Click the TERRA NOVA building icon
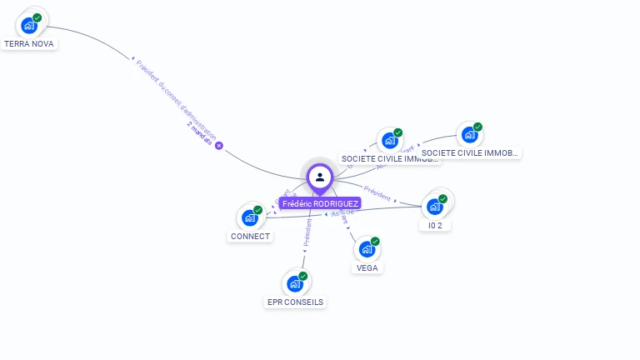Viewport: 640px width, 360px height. (30, 24)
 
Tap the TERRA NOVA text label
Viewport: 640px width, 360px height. (29, 43)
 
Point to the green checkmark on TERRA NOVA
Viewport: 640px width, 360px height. (37, 17)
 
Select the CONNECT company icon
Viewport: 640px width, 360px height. (250, 217)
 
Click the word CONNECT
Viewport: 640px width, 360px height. (250, 236)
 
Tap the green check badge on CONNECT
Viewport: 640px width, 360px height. (258, 210)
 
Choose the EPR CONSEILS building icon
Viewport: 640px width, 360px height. (295, 283)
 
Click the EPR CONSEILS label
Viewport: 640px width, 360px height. (296, 302)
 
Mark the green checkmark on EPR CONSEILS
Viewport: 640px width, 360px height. (303, 276)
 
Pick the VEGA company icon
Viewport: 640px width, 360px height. (367, 248)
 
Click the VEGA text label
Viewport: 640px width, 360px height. (367, 267)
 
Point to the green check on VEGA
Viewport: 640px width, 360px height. (375, 242)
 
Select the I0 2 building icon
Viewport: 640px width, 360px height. (434, 206)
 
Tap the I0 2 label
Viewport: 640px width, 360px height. (435, 225)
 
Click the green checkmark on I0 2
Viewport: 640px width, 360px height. (442, 199)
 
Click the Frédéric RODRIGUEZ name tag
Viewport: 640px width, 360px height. (320, 203)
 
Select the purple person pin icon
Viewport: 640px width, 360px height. (320, 177)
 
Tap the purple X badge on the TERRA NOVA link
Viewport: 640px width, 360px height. (219, 145)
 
